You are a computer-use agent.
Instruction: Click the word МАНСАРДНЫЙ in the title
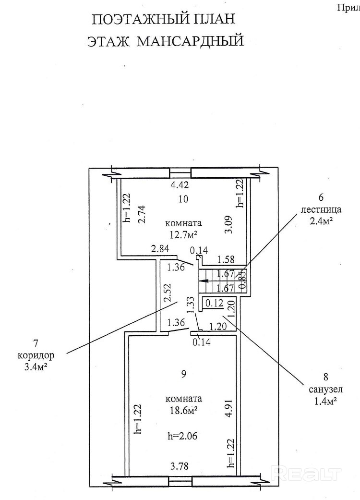tap(191, 41)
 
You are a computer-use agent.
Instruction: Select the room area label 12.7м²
tap(183, 234)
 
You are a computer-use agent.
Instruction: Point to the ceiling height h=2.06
tap(183, 436)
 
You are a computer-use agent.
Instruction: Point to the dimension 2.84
tap(160, 249)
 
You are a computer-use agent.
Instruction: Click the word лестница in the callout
tap(321, 209)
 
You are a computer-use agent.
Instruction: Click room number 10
tap(183, 199)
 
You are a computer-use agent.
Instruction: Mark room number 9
tap(183, 375)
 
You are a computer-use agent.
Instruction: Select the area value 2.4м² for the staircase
tap(321, 221)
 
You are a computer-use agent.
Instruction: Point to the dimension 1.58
tap(226, 259)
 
